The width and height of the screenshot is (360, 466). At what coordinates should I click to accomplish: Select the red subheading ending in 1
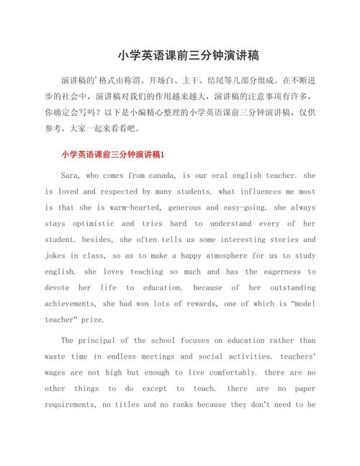point(113,154)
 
